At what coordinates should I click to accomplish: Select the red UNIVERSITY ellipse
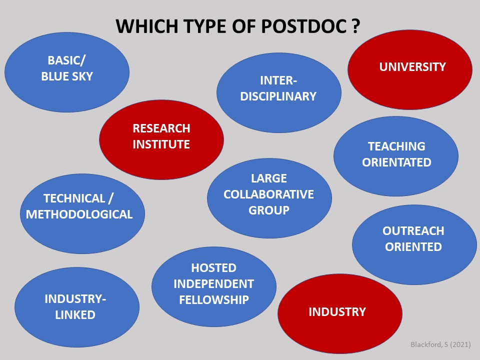[x=410, y=67]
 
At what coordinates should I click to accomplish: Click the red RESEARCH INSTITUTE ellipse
[x=161, y=136]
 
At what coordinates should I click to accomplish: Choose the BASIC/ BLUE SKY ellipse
[x=67, y=69]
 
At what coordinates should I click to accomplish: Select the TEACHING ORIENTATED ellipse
[x=396, y=154]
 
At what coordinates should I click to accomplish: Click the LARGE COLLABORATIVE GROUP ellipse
[x=269, y=194]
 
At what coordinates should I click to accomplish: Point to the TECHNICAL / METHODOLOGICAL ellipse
[x=80, y=206]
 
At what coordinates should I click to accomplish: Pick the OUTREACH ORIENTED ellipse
[x=413, y=239]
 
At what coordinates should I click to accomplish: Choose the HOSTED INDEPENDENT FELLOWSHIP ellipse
[x=213, y=284]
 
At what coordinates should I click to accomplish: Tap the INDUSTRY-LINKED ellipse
[x=76, y=307]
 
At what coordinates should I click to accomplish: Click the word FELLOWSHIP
[x=213, y=300]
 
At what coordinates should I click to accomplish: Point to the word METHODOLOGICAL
[x=79, y=215]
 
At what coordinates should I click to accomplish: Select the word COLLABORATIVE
[x=269, y=194]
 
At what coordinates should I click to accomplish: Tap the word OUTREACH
[x=413, y=231]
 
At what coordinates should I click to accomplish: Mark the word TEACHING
[x=396, y=146]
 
